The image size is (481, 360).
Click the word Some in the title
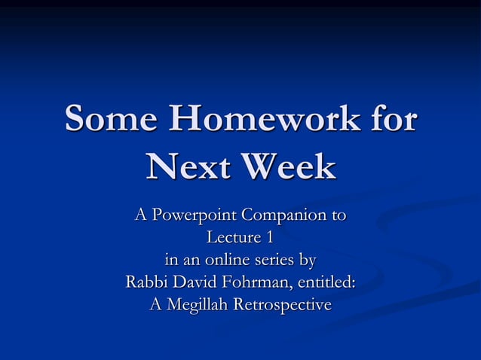click(113, 120)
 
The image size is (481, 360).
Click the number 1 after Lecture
click(269, 239)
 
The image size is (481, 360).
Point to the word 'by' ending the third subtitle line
click(308, 261)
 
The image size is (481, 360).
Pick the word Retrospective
click(282, 306)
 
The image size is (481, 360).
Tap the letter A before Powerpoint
click(139, 216)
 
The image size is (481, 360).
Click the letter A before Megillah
click(156, 305)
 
